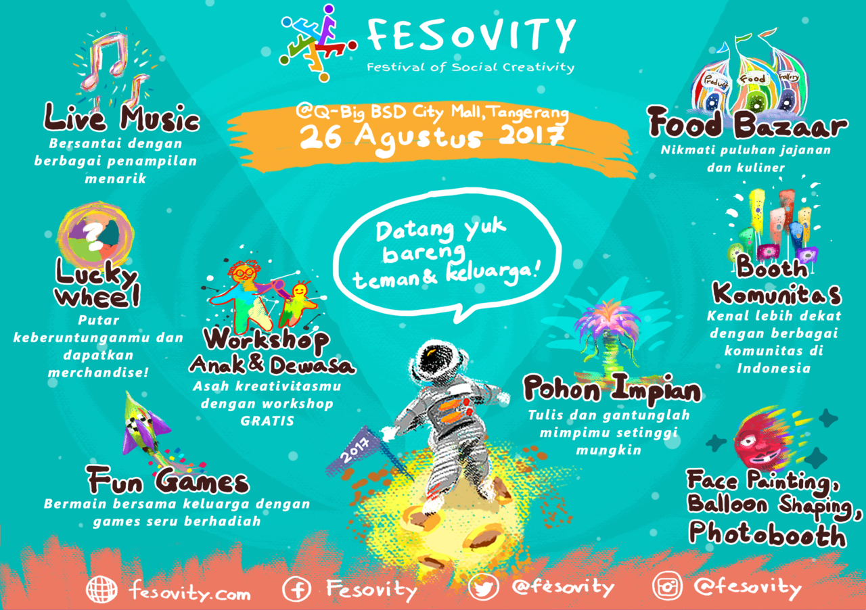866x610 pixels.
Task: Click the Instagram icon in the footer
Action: pos(667,586)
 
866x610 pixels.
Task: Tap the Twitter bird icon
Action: pos(483,587)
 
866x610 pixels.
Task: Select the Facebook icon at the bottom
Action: pos(296,589)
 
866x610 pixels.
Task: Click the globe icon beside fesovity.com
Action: pos(101,589)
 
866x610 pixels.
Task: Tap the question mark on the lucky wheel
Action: pos(93,237)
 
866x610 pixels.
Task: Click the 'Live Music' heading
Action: pos(121,117)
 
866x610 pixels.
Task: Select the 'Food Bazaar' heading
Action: pos(748,123)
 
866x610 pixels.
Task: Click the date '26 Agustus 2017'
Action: pos(432,137)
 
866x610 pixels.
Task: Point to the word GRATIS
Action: pos(267,421)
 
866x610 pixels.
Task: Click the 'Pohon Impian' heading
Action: pos(612,390)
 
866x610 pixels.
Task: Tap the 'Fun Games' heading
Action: pos(168,481)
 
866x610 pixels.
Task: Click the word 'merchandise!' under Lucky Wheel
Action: pos(98,373)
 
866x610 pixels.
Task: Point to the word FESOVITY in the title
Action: pos(472,36)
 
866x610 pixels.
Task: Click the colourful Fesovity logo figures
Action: pos(318,43)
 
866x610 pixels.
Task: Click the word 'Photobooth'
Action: pos(767,534)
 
